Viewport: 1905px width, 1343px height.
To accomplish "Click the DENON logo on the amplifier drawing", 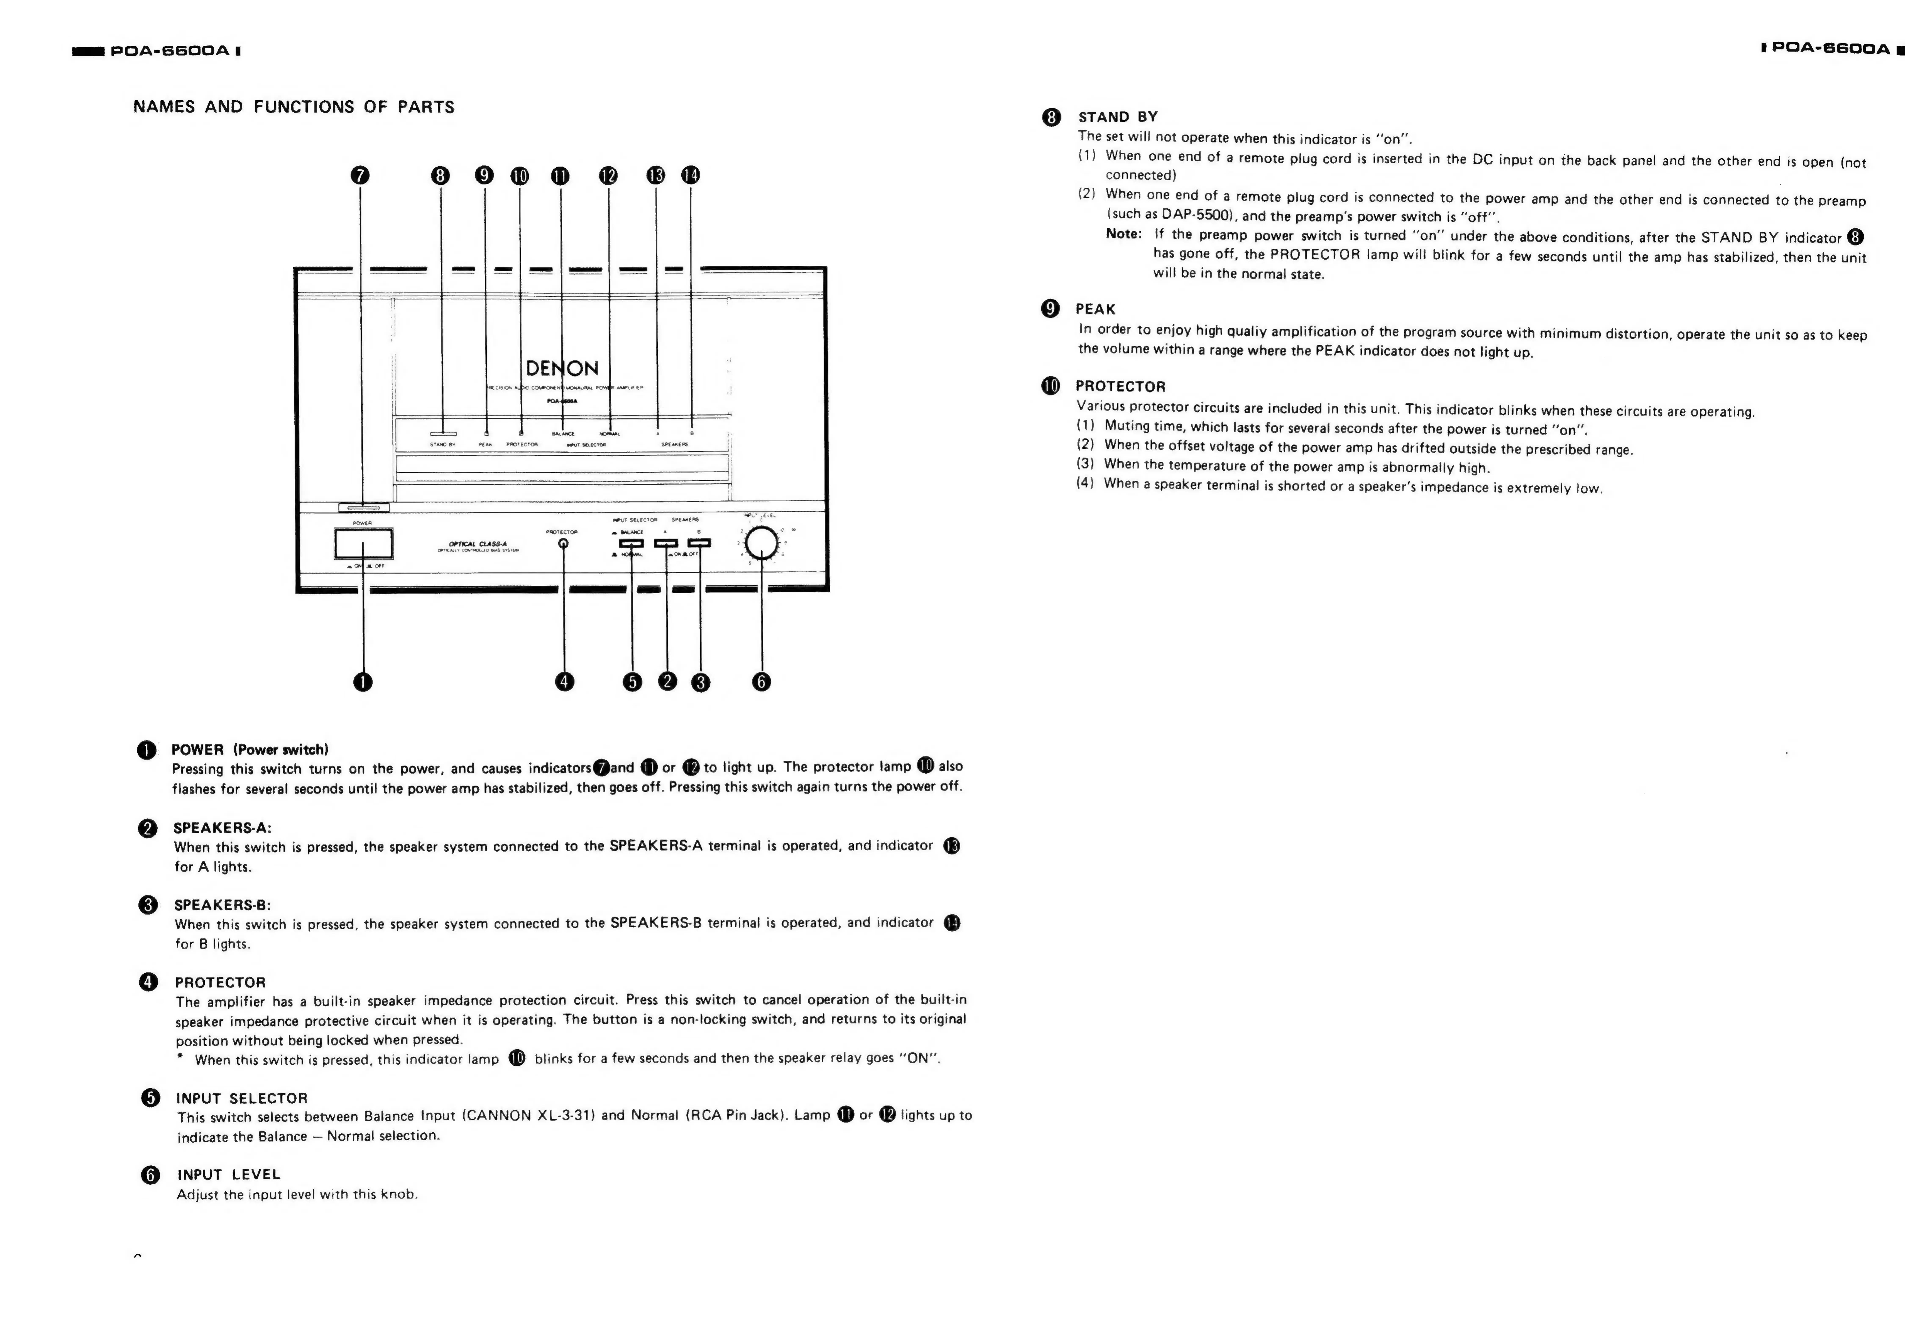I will [562, 369].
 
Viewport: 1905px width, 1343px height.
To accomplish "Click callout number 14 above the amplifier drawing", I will [690, 175].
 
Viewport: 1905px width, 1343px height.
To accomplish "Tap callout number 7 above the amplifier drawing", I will [360, 175].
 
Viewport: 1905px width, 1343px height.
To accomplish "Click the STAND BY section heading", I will [1118, 117].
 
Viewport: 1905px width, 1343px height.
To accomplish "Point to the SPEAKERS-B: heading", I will [222, 905].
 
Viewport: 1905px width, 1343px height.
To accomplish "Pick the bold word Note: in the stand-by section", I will [1123, 234].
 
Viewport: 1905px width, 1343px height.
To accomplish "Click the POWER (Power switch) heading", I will [250, 750].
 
